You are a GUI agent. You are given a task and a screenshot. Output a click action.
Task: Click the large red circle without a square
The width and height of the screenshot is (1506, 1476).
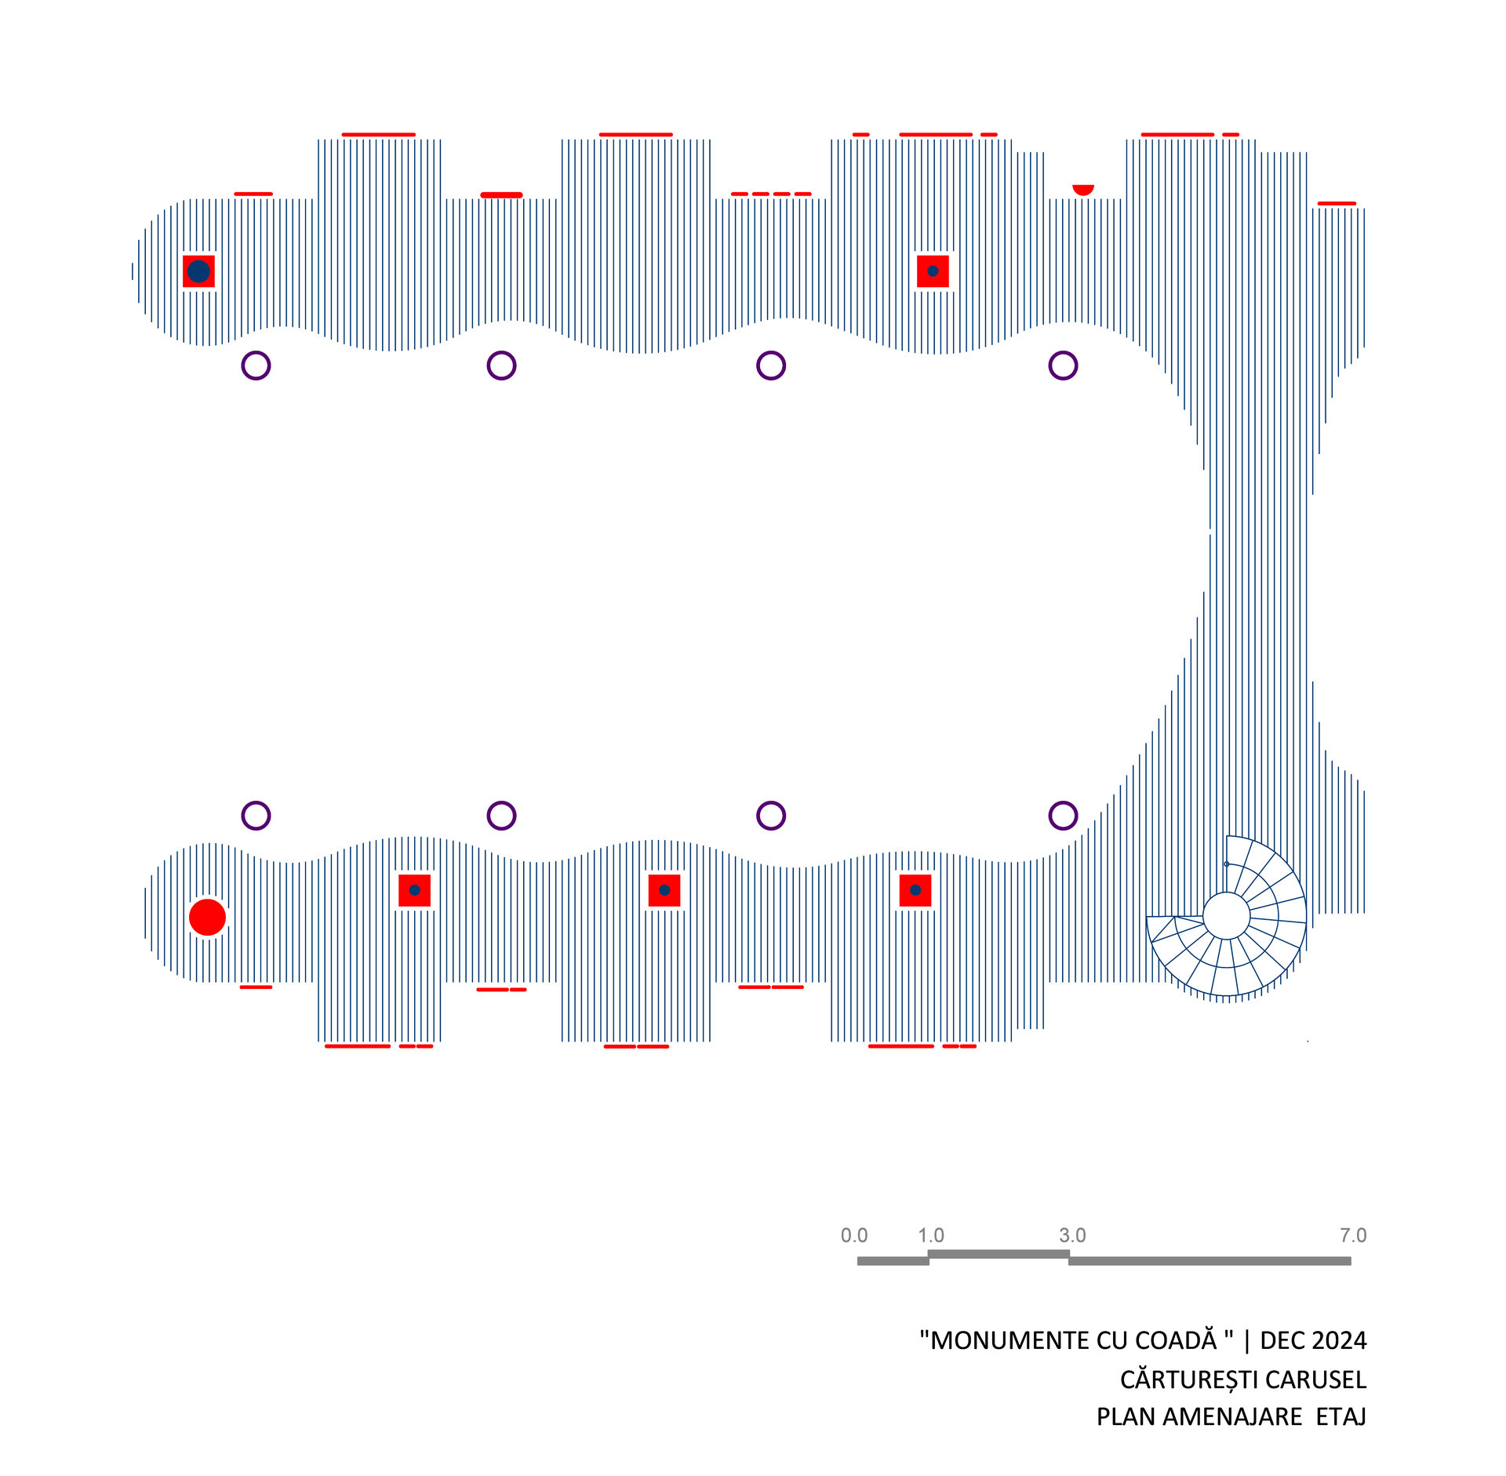tap(207, 917)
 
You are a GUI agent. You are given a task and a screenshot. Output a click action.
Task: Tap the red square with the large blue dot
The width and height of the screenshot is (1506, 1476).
tap(198, 271)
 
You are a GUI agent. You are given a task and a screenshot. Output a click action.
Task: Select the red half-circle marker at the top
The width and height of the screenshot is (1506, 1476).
tap(1082, 189)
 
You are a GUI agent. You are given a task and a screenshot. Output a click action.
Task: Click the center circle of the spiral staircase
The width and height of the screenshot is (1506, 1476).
tap(1226, 915)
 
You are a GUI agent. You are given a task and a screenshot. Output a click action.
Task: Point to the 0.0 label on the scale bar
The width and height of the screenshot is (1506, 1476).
tap(853, 1235)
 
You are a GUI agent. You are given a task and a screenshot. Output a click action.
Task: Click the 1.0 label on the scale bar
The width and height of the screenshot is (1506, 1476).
tap(931, 1235)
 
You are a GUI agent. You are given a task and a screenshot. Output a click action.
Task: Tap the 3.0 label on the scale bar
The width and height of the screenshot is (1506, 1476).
tap(1072, 1235)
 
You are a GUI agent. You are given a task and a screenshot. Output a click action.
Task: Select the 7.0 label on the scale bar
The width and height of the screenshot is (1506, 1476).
tap(1353, 1235)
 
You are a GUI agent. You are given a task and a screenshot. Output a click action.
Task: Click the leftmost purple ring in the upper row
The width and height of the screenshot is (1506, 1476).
tap(256, 365)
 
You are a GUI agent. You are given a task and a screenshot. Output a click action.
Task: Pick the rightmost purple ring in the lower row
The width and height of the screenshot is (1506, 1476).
tap(1063, 816)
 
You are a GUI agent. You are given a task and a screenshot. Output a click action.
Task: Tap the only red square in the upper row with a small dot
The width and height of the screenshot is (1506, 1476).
tap(933, 271)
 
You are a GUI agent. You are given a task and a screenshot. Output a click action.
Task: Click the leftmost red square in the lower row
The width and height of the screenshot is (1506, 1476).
tap(414, 890)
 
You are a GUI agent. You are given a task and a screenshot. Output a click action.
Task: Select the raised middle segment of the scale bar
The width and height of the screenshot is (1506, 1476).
tap(999, 1254)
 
